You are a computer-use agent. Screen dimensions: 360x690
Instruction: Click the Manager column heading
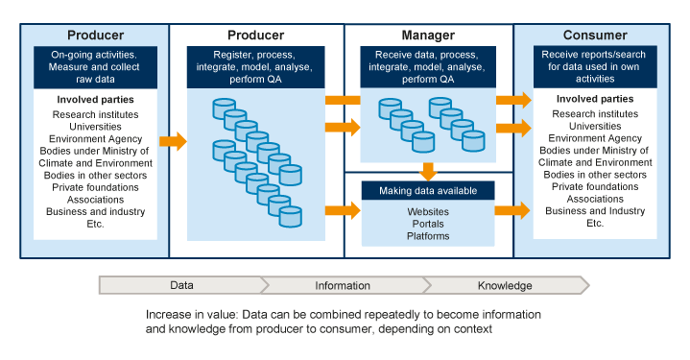pos(427,35)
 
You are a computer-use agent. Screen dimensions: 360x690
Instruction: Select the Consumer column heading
pos(595,35)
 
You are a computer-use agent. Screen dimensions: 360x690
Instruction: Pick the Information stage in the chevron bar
pos(342,285)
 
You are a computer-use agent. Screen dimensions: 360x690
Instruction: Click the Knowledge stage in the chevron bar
pos(506,285)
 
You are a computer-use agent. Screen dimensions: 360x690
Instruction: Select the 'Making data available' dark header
pos(428,190)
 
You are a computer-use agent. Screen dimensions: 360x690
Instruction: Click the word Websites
pos(428,210)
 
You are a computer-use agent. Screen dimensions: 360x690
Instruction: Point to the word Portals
pos(428,223)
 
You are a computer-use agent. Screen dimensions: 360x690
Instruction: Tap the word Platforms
pos(428,235)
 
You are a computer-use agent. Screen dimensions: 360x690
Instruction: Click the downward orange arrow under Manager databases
pos(428,171)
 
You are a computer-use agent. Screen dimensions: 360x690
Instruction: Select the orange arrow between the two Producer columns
pos(172,141)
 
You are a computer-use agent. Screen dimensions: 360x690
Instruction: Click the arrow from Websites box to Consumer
pos(512,210)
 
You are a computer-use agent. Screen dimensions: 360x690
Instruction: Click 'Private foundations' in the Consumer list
pos(595,188)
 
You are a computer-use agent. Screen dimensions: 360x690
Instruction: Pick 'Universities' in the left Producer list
pos(94,127)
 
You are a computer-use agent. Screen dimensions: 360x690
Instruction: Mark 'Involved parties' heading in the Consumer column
pos(595,100)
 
